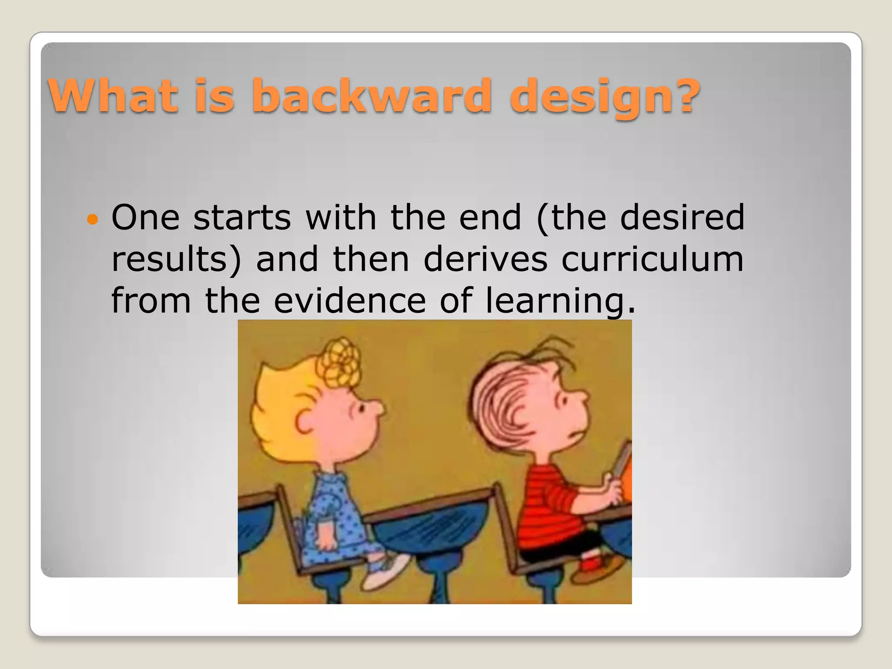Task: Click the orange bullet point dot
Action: tap(92, 219)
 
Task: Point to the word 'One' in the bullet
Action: tap(145, 217)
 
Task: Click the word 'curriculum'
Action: tap(652, 259)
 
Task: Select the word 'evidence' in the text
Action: tap(349, 300)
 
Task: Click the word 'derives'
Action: tap(485, 259)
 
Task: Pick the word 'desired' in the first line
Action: tap(682, 217)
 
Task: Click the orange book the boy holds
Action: tap(624, 483)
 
